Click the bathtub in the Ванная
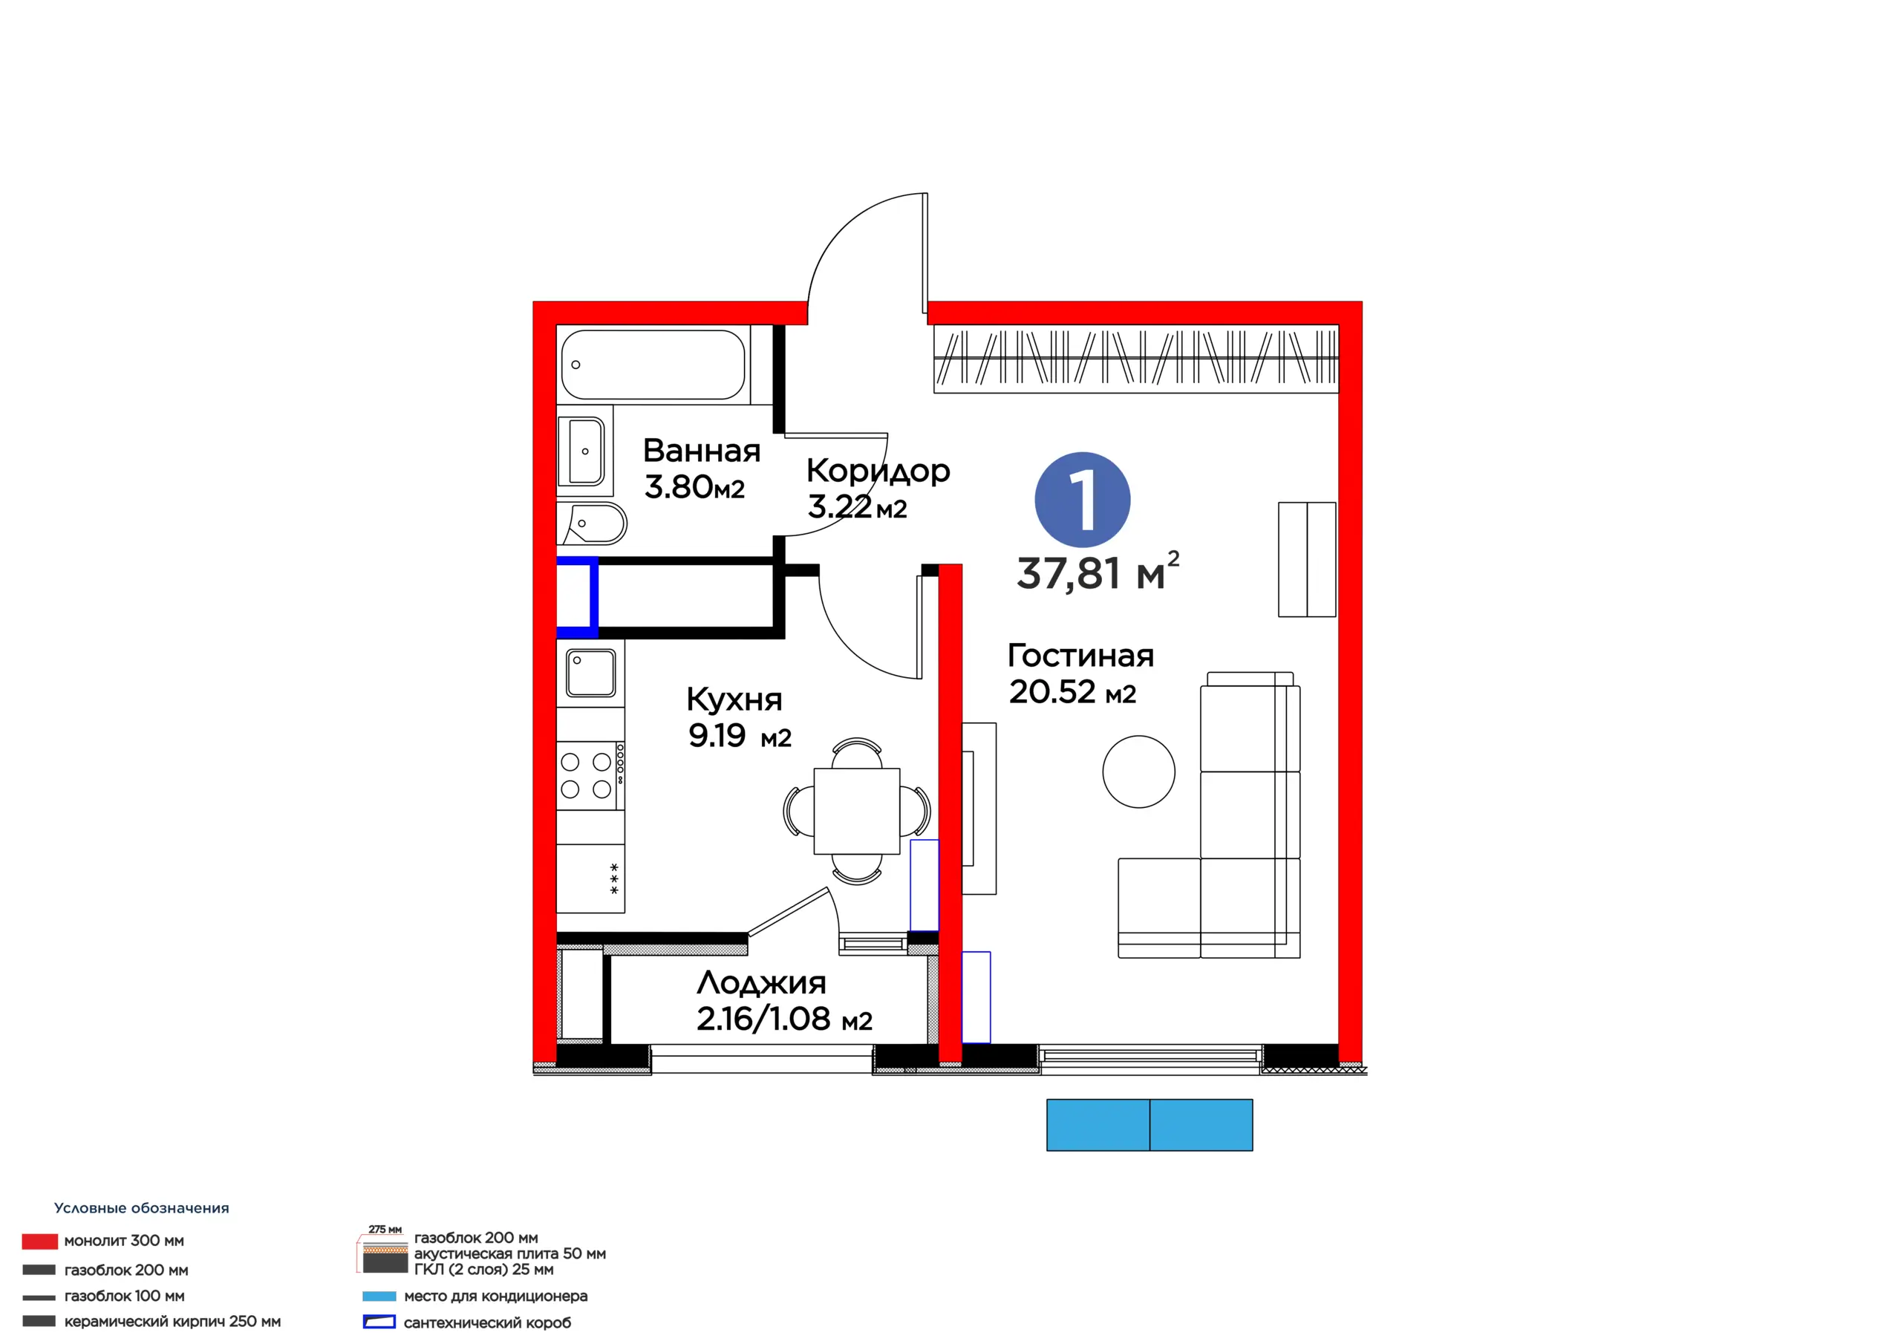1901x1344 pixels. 653,365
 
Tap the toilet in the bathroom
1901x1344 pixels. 592,523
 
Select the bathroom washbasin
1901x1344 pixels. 584,451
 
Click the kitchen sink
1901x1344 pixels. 590,673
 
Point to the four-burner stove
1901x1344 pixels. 590,775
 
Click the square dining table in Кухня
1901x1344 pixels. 857,811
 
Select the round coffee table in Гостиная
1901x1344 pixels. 1138,771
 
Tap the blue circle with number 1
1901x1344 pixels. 1082,499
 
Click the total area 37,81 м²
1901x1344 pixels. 1098,572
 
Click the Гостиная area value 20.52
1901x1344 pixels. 1051,691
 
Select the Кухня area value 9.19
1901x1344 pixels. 717,735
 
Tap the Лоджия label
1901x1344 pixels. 762,982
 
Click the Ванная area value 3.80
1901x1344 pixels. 679,487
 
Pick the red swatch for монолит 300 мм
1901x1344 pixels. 40,1242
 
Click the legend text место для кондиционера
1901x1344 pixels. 496,1296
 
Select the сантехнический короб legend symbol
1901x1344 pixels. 379,1322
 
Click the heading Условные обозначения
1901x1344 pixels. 142,1208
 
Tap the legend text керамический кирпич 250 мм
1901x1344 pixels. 172,1322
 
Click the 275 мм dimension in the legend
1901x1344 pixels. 385,1230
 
